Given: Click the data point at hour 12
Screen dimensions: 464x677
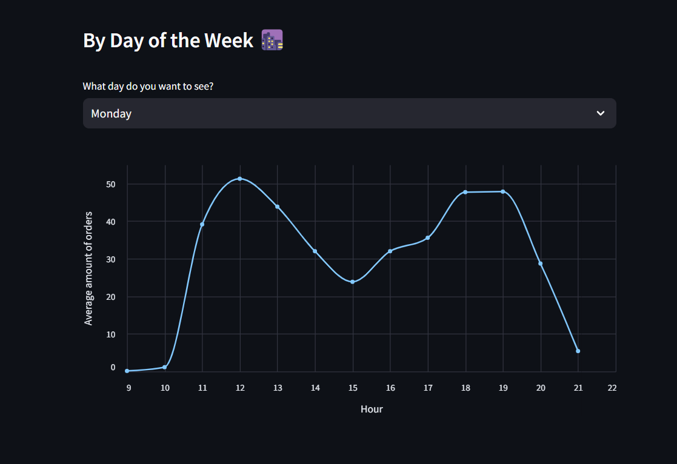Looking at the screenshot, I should [x=240, y=179].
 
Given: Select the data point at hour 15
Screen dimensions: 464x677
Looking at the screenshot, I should [x=352, y=282].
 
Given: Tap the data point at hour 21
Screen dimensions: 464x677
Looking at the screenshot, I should [x=578, y=351].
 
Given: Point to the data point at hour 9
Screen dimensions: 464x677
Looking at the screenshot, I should [x=127, y=371].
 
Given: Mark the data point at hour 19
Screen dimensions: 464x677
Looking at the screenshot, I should [x=503, y=191].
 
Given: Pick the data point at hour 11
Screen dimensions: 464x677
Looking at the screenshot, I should [x=202, y=224].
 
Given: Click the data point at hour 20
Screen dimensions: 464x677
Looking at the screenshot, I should [x=541, y=263].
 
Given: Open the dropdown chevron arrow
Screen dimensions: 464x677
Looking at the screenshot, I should [x=600, y=113].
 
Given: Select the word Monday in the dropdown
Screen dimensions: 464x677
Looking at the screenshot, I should [x=111, y=113].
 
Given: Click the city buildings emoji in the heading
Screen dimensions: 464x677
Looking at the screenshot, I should [x=272, y=41].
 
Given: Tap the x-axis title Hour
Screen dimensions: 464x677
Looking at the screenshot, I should [x=372, y=409].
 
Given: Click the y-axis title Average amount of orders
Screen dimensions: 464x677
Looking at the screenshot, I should [x=89, y=268].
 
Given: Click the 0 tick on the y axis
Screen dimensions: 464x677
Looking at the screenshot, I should [x=113, y=367].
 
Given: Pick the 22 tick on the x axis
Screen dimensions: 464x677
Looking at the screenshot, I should [x=612, y=388].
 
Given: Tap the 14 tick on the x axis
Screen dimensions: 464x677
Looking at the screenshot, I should [x=315, y=388].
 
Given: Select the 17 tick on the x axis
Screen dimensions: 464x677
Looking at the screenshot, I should [x=427, y=388].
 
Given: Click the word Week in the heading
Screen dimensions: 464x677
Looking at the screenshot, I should [x=228, y=41].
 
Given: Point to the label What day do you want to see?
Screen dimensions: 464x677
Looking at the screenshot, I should [x=148, y=86].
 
